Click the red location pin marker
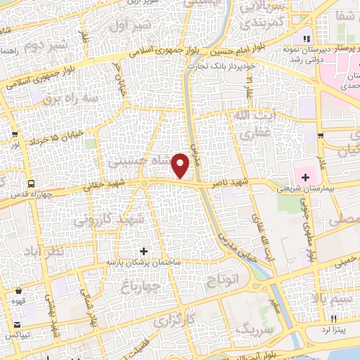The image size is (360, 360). (181, 165)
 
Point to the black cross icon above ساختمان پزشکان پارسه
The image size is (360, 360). (144, 250)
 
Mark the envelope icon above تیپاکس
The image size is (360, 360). (15, 325)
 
